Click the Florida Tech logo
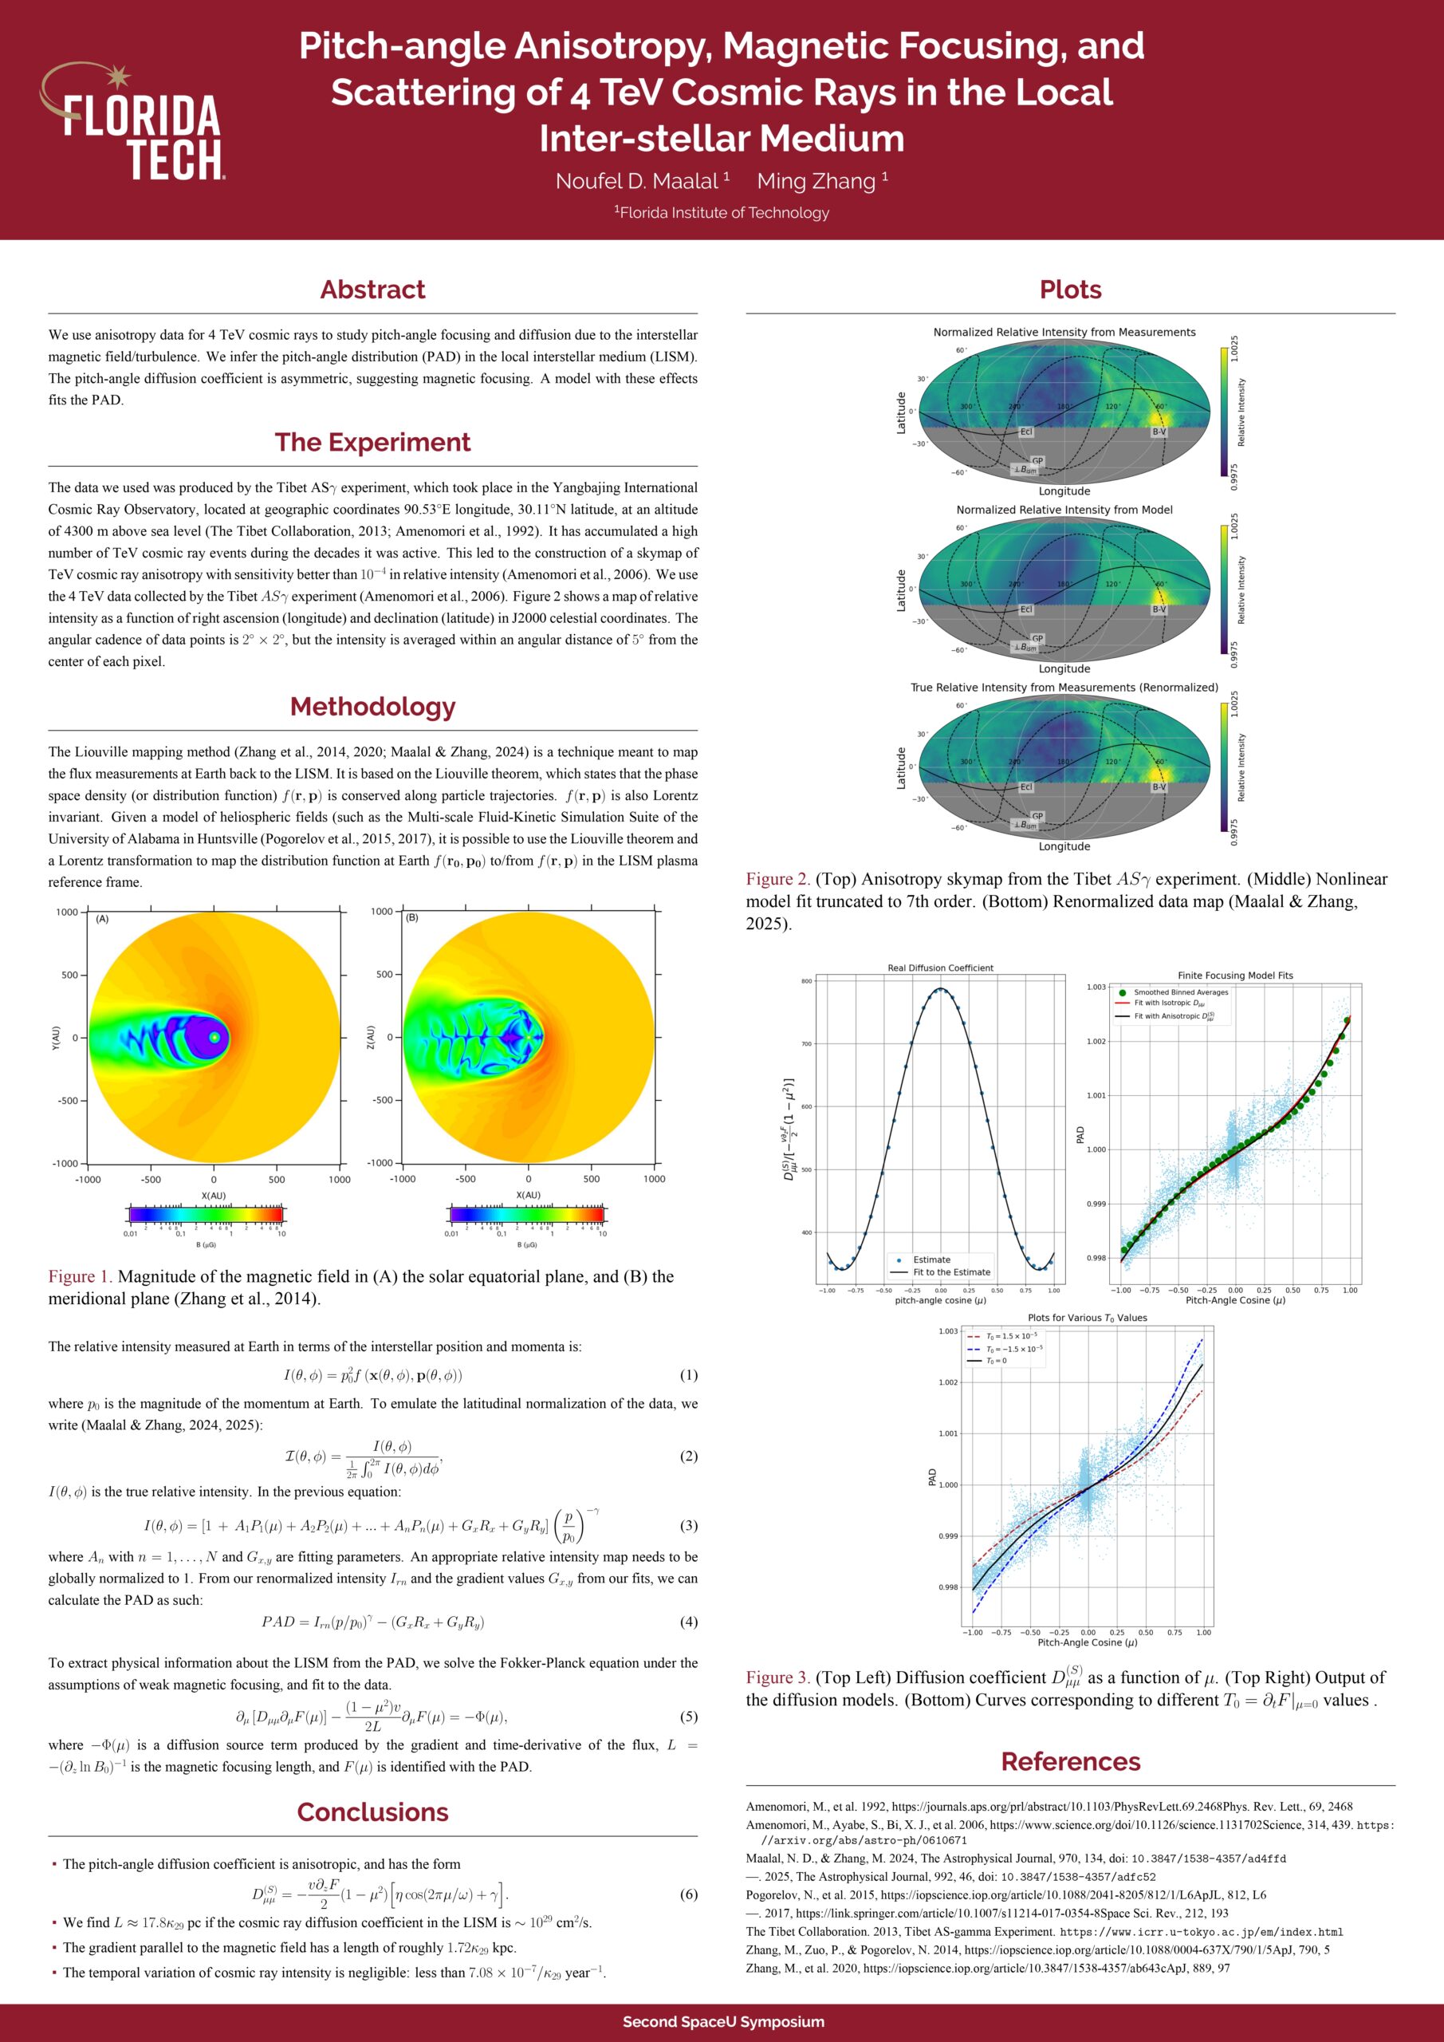133,122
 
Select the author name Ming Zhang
817,181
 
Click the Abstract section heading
372,290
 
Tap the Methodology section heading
372,707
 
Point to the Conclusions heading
372,1812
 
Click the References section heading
1071,1762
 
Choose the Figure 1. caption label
80,1277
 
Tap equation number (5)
688,1717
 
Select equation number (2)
688,1456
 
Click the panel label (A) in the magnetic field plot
102,919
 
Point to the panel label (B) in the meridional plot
411,918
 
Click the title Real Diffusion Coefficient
940,968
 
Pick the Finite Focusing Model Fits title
1235,976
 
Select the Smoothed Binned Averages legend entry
1180,992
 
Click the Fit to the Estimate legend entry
950,1271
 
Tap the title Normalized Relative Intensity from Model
1064,510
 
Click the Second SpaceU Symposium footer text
723,2021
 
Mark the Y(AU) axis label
55,1037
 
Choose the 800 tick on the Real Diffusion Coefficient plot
806,982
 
